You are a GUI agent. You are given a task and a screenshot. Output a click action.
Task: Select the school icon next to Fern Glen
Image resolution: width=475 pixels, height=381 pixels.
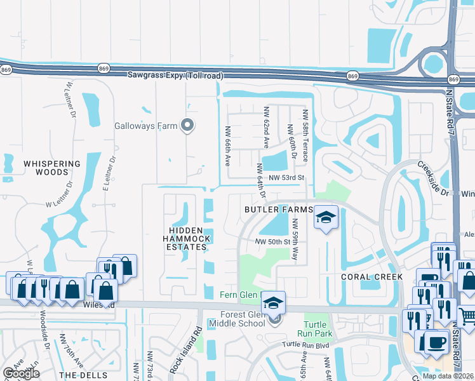[x=274, y=302]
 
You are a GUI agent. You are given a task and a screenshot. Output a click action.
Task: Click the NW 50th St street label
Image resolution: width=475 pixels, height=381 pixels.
[x=272, y=242]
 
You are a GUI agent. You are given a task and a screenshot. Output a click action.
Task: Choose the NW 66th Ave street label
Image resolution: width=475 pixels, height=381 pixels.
[x=227, y=145]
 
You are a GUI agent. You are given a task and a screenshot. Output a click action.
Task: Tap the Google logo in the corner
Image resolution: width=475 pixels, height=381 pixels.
[x=21, y=373]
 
